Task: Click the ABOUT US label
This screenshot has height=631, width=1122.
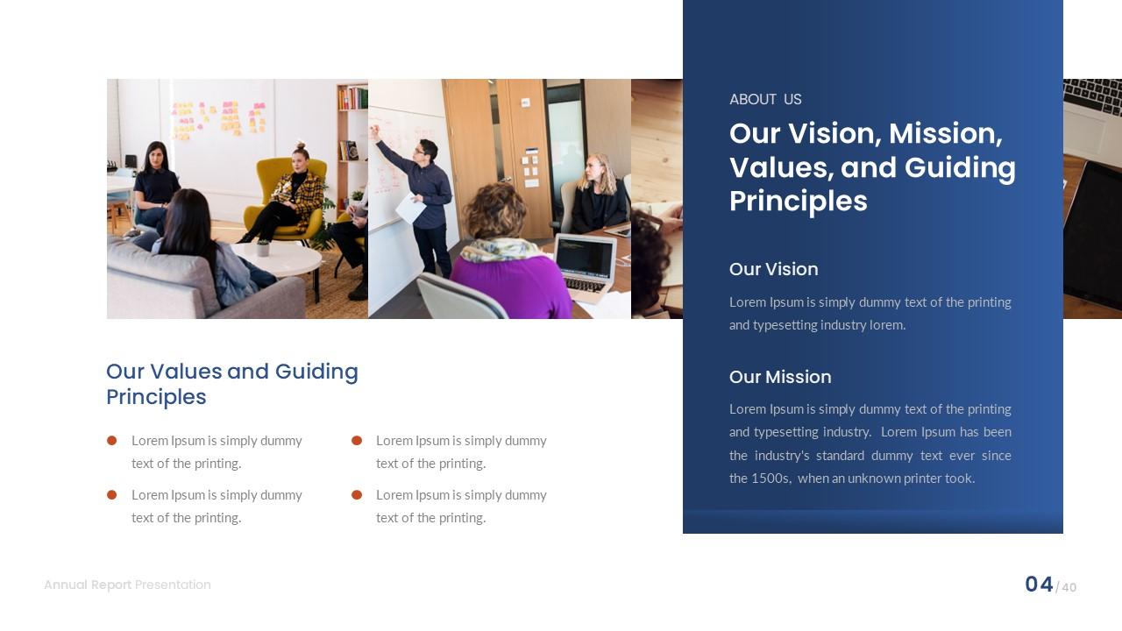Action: point(765,99)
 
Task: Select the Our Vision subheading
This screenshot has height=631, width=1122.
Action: point(773,269)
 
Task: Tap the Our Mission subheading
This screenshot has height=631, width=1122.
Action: point(780,377)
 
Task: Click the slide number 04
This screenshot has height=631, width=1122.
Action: point(1039,585)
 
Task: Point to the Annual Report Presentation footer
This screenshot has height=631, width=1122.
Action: point(127,585)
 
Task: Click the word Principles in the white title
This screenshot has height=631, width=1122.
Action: point(798,201)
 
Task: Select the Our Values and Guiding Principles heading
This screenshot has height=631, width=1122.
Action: point(231,384)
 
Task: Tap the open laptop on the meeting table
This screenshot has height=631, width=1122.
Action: point(586,263)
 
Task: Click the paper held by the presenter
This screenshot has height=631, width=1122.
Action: point(410,209)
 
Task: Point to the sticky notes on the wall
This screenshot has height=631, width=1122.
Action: point(219,118)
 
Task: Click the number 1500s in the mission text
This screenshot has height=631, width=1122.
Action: point(771,479)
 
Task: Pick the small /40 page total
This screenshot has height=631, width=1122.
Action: point(1067,587)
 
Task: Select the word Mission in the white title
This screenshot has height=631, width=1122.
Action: point(945,134)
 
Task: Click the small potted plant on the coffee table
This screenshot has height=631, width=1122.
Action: point(263,248)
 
